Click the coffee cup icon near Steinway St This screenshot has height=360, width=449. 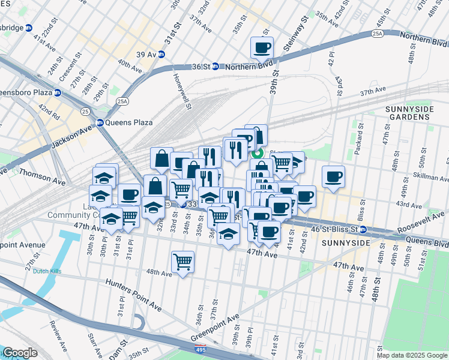pos(262,47)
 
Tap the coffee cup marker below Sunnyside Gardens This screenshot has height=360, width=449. pos(333,176)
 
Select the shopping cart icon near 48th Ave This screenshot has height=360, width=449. pos(182,261)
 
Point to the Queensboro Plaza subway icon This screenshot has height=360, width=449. pos(57,93)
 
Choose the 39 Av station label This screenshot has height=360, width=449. pos(146,54)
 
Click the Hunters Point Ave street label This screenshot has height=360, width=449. pos(133,295)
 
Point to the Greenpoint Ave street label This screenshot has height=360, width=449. pos(215,326)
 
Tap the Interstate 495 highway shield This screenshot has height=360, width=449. pos(198,349)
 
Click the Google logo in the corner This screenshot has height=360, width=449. pos(19,353)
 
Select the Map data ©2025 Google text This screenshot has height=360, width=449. pos(412,355)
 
